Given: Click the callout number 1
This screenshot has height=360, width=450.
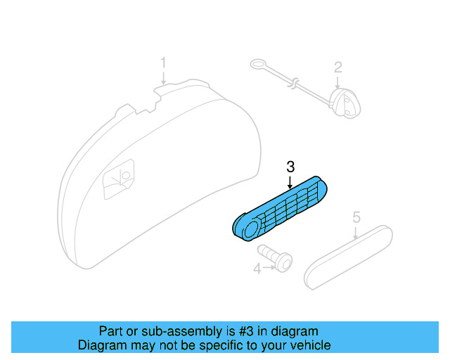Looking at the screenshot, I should click(x=163, y=63).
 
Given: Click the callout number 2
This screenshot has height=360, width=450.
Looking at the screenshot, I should click(x=337, y=67).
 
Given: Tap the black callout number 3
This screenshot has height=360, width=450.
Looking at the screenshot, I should click(x=290, y=167).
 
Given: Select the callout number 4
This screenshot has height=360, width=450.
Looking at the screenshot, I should click(x=257, y=268).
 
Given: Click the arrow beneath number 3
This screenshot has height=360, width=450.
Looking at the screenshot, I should click(x=290, y=181).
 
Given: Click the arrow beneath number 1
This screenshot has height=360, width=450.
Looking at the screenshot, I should click(x=163, y=79).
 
